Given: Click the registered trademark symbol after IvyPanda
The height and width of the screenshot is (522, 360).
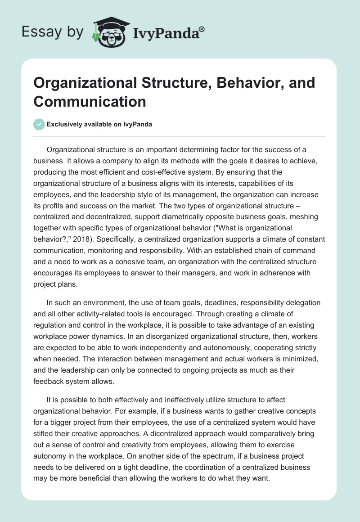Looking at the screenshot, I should click(202, 29).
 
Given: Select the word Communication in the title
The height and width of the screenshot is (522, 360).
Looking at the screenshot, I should click(90, 101).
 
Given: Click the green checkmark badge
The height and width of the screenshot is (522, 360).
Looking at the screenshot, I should click(39, 124).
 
